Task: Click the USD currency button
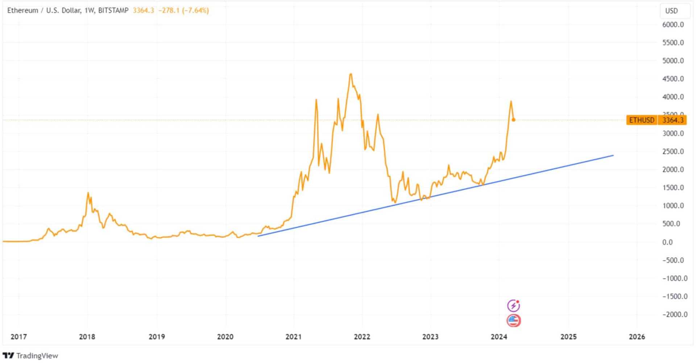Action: pyautogui.click(x=671, y=11)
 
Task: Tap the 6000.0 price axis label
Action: pyautogui.click(x=673, y=25)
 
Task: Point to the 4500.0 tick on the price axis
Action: pyautogui.click(x=673, y=79)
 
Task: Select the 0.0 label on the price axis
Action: pyautogui.click(x=667, y=242)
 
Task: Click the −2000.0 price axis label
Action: pyautogui.click(x=675, y=315)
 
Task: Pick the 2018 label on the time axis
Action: pyautogui.click(x=87, y=337)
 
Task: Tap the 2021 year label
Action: pyautogui.click(x=293, y=337)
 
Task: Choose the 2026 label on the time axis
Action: pyautogui.click(x=637, y=337)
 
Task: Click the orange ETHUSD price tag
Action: pyautogui.click(x=642, y=120)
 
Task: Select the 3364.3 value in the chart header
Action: pyautogui.click(x=143, y=11)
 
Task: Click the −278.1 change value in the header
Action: pyautogui.click(x=169, y=11)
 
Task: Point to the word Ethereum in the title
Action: pyautogui.click(x=22, y=11)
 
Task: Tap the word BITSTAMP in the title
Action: pyautogui.click(x=113, y=11)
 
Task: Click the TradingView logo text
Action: pyautogui.click(x=37, y=356)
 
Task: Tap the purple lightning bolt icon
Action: pyautogui.click(x=513, y=306)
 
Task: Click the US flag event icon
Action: pyautogui.click(x=513, y=321)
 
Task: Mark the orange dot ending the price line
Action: pyautogui.click(x=514, y=120)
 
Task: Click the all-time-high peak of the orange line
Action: pyautogui.click(x=351, y=74)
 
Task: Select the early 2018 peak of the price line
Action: pyautogui.click(x=88, y=193)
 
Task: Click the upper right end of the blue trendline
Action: pyautogui.click(x=613, y=155)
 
